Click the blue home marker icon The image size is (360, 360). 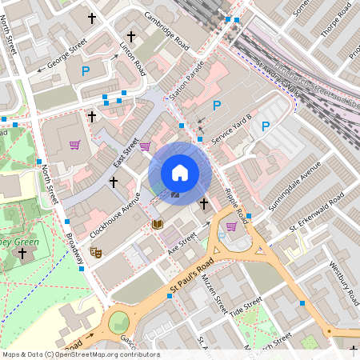[x=180, y=172]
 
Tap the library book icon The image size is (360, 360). [x=157, y=224]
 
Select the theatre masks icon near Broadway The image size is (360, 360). [x=97, y=252]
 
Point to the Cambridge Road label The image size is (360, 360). [x=166, y=30]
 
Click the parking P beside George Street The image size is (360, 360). [x=85, y=72]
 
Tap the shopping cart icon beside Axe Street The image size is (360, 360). [x=231, y=226]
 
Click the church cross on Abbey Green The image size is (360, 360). [x=22, y=254]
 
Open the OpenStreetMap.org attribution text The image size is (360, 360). [x=80, y=354]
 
